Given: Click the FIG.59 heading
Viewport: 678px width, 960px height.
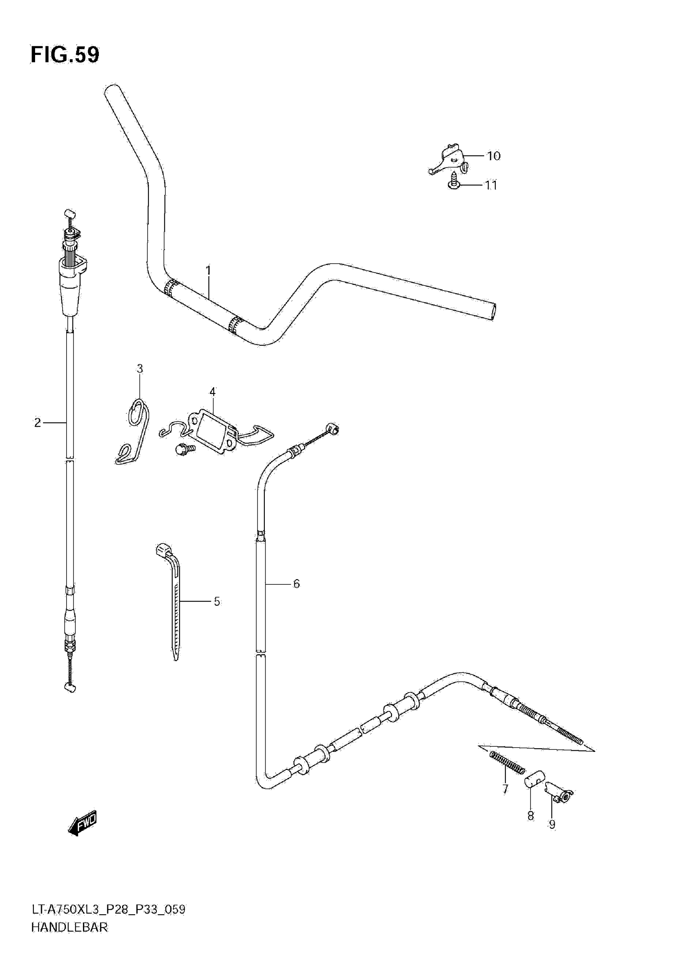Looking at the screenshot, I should click(x=65, y=55).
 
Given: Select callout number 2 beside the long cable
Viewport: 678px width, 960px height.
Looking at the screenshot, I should click(x=37, y=423).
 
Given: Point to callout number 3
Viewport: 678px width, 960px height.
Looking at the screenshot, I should click(x=140, y=368).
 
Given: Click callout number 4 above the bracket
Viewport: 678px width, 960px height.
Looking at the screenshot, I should click(x=213, y=392).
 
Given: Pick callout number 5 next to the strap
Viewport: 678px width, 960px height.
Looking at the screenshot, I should click(x=217, y=601).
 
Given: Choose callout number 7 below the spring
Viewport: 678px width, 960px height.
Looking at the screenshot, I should click(x=505, y=789).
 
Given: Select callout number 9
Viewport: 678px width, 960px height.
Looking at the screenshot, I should click(x=552, y=824).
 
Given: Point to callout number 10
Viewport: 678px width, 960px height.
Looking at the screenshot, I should click(x=494, y=156).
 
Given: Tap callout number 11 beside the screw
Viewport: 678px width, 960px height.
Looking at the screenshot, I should click(x=491, y=185).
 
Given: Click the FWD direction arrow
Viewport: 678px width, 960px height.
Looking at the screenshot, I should click(x=83, y=823).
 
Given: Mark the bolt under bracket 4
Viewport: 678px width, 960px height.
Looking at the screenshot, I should click(x=184, y=449).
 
